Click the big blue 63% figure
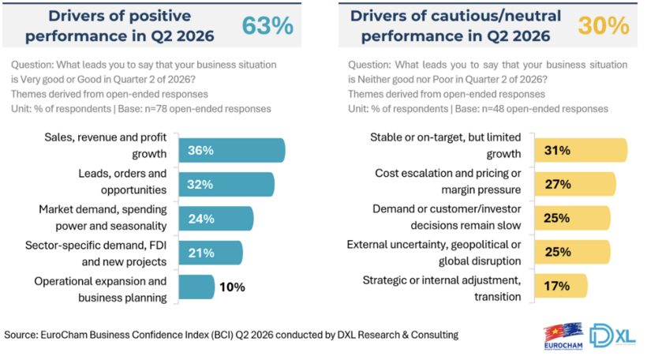coord(267,25)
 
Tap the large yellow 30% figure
coord(604,25)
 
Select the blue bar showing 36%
coord(232,150)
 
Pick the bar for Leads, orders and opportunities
coord(226,185)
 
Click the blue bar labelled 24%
coord(216,219)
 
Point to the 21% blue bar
coord(211,253)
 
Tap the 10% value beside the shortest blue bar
coord(232,287)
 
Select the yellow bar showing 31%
coord(581,150)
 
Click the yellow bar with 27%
coord(575,184)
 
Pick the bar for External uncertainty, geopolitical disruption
coord(572,252)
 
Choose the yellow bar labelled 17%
coord(561,286)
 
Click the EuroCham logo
coord(563,336)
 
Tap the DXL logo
coord(612,336)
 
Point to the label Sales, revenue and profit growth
coord(106,145)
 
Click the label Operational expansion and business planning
coord(101,290)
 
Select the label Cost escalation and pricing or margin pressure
coord(448,182)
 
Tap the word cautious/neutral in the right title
coord(496,16)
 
